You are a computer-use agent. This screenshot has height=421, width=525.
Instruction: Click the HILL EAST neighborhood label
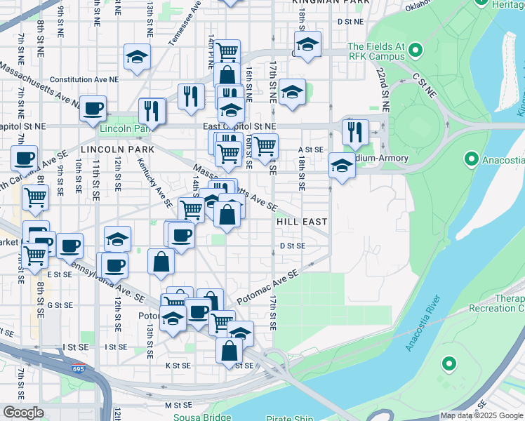click(302, 221)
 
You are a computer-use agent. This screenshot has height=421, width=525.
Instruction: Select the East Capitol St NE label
click(240, 126)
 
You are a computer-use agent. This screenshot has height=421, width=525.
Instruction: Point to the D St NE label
click(350, 22)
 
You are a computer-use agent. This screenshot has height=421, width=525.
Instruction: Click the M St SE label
click(178, 405)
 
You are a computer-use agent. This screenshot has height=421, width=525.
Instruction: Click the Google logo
click(23, 413)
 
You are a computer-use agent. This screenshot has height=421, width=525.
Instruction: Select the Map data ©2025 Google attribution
click(482, 416)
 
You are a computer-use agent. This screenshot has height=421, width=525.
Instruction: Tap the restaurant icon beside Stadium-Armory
click(355, 131)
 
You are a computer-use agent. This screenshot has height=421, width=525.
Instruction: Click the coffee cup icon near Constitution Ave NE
click(93, 108)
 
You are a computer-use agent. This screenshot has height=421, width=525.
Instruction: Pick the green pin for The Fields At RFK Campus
click(416, 51)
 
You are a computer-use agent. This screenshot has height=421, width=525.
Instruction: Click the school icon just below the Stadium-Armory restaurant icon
click(342, 166)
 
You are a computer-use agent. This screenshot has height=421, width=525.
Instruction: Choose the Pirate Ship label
click(291, 418)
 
